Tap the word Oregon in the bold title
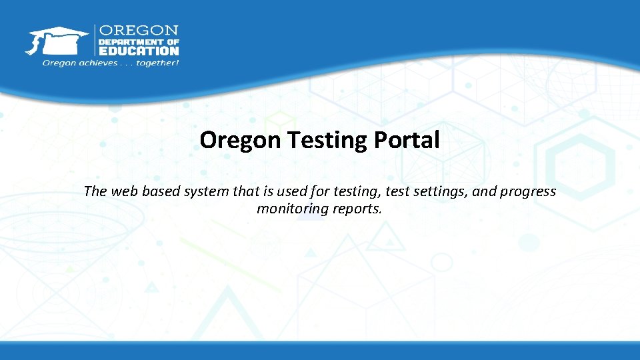coord(241,141)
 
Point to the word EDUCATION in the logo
coord(139,51)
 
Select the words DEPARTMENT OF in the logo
coord(139,41)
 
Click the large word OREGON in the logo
coord(139,31)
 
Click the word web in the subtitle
coord(123,191)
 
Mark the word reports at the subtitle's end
coord(357,209)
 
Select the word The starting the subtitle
coord(95,191)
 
